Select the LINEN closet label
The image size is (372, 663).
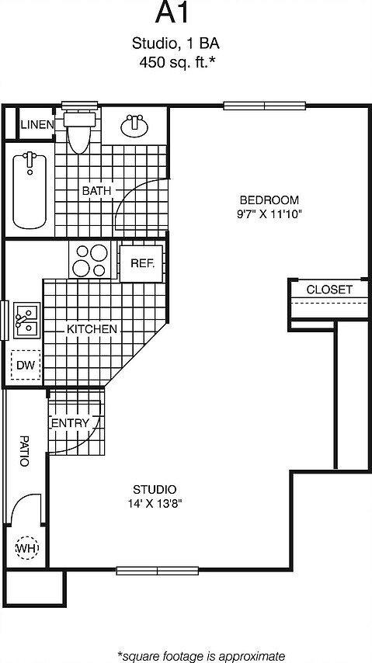(37, 124)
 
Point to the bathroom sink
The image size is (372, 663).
(137, 124)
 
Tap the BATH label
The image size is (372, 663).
(97, 190)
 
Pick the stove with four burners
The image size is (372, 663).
(91, 261)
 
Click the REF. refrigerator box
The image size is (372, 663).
(142, 263)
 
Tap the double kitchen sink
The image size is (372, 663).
(26, 320)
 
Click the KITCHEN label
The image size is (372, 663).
(92, 329)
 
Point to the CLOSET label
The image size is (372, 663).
(329, 290)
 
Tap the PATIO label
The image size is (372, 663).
(23, 450)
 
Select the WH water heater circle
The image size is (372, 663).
(26, 549)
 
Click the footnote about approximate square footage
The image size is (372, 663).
(201, 655)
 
